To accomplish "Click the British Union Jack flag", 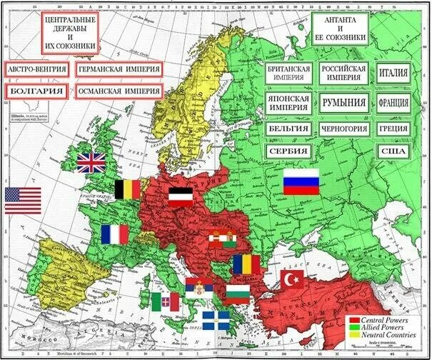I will [x=91, y=163].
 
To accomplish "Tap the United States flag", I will [x=23, y=200].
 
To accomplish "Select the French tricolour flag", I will [x=114, y=234].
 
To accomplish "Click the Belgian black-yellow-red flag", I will [x=128, y=189].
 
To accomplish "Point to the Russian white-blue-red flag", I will [x=301, y=182].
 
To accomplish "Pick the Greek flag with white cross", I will [x=216, y=320].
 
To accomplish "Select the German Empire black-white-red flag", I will [x=180, y=196].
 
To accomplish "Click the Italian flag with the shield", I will [x=166, y=301].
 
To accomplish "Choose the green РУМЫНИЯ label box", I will [x=343, y=103].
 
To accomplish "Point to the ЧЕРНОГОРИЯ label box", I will [x=343, y=129].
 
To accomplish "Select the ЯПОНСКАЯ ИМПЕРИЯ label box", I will [x=289, y=103].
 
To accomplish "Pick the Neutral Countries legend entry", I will [x=386, y=334].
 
